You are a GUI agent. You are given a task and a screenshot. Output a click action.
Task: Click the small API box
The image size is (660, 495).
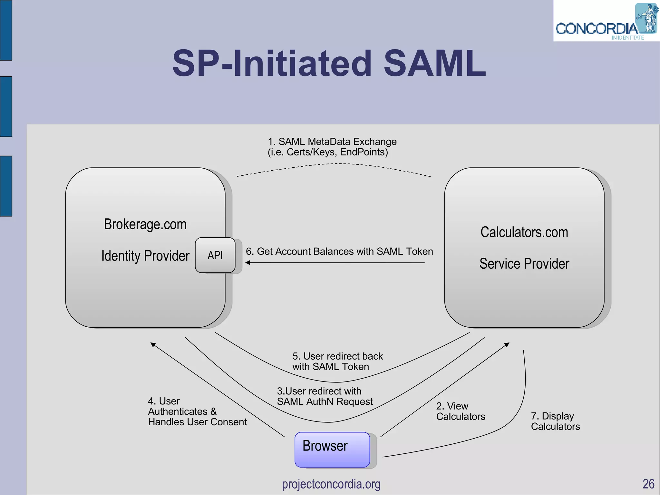tap(215, 255)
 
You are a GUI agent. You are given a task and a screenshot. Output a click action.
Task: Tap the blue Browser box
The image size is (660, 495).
tap(332, 449)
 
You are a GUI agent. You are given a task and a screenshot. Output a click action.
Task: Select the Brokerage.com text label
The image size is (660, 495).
tap(145, 224)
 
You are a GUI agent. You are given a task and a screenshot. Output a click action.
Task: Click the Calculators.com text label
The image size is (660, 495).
tap(524, 232)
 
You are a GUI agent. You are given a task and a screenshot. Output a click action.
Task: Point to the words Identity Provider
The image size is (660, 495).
tap(145, 256)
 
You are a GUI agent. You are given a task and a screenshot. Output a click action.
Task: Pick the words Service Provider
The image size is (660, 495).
tap(524, 263)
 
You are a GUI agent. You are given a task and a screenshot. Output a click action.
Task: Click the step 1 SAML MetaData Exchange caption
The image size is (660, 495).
tap(332, 147)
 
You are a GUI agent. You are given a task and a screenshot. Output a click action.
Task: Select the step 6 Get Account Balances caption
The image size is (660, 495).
tap(339, 251)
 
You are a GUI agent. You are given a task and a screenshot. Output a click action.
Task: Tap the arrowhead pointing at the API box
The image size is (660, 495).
tap(248, 262)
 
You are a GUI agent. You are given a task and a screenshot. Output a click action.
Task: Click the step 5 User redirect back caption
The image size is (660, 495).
tap(337, 361)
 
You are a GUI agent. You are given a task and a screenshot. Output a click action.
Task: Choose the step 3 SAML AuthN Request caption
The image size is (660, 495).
tap(324, 396)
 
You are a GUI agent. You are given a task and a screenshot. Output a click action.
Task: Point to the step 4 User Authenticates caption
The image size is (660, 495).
tap(197, 411)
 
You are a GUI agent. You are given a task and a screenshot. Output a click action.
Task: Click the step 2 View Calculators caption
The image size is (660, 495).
tap(460, 411)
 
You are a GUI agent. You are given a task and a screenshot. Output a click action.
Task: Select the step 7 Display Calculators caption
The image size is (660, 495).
tap(555, 421)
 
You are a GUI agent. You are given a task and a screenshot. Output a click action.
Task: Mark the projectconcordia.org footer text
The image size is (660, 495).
tap(331, 484)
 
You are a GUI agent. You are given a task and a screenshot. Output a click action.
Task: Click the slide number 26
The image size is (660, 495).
tap(648, 484)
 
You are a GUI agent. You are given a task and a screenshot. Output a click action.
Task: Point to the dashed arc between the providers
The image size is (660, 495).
tap(335, 164)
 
